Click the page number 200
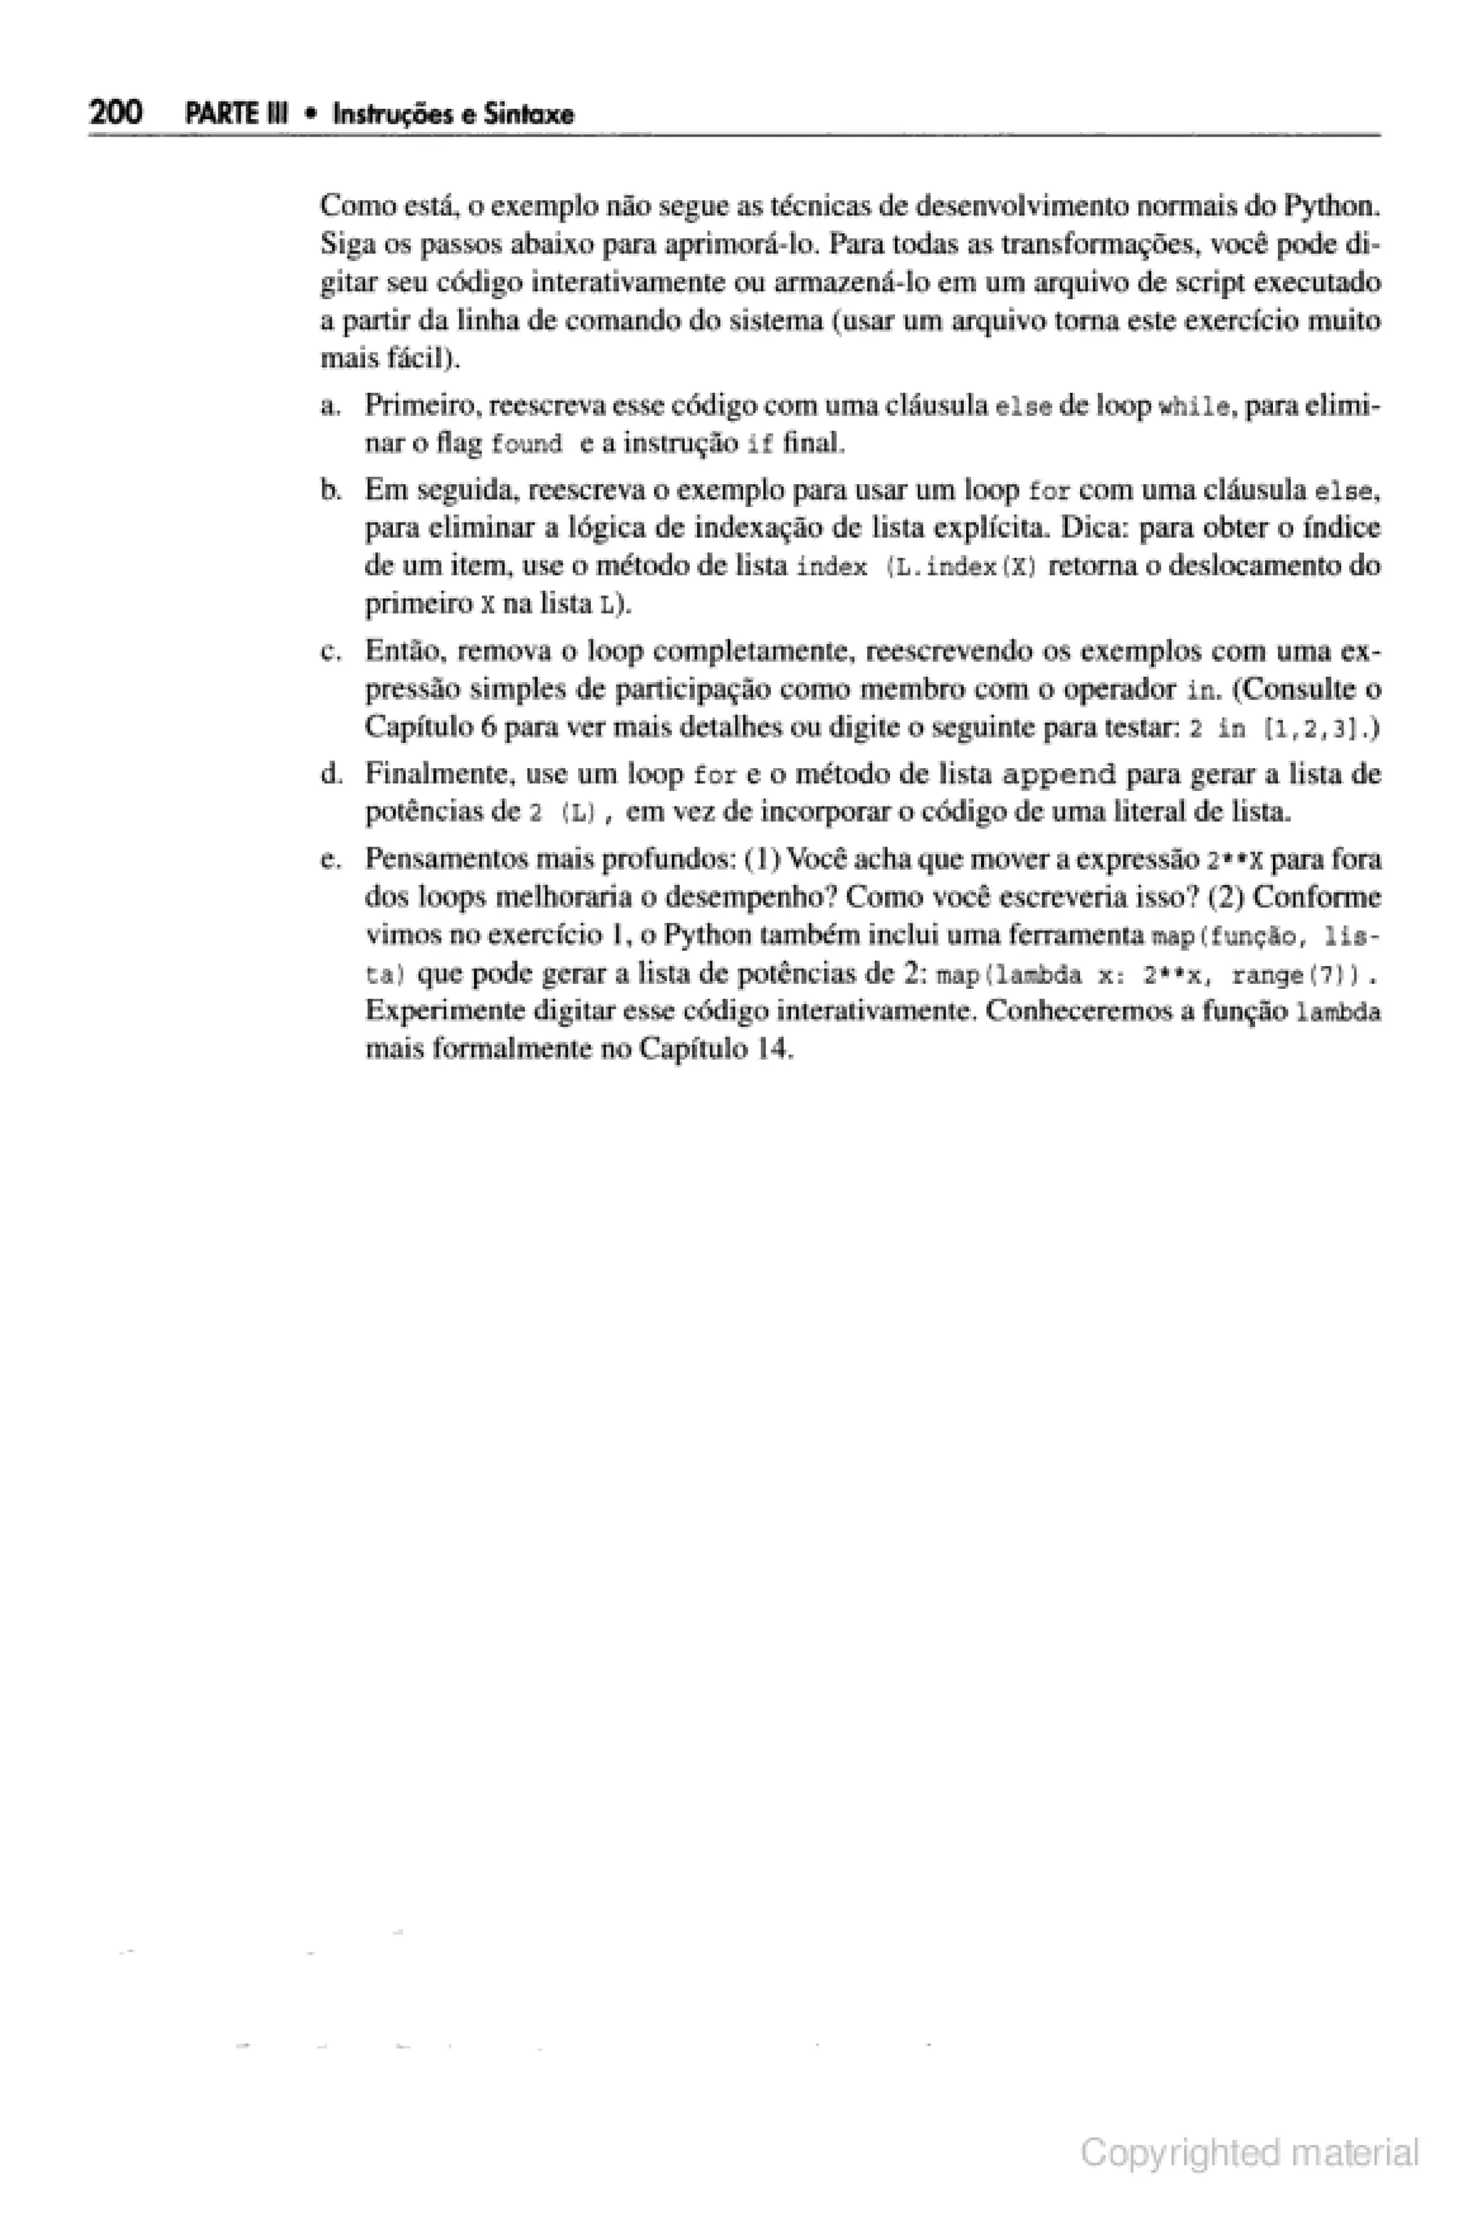[x=116, y=113]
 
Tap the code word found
[x=527, y=445]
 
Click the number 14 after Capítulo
[x=775, y=1050]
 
